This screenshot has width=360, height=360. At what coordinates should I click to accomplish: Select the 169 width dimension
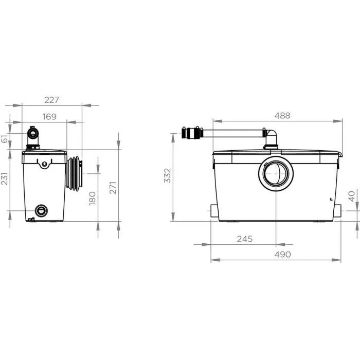pos(49,117)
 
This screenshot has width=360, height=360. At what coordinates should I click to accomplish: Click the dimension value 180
pos(93,198)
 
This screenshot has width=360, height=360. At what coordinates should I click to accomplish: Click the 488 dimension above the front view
pos(282,116)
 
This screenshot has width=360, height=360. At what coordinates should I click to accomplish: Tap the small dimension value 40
pos(352,196)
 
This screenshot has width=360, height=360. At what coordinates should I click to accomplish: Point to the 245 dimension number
pos(245,239)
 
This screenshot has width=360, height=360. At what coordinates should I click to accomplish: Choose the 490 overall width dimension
pos(282,254)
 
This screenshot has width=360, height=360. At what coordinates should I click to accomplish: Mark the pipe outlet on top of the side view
pos(34,135)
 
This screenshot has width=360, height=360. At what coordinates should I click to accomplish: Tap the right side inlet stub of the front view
pos(338,210)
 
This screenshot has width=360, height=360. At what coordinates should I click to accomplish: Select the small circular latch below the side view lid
pos(44,165)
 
